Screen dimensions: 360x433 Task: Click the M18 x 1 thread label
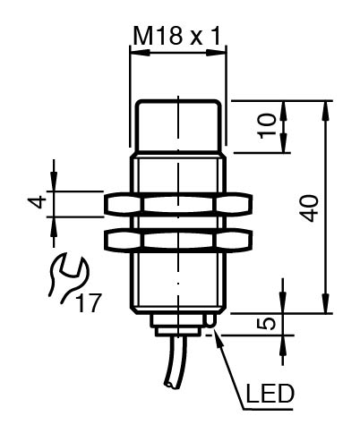(x=177, y=37)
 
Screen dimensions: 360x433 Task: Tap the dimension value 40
(x=310, y=208)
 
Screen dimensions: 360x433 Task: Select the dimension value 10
(x=268, y=125)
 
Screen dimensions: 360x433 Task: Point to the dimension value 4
(x=38, y=201)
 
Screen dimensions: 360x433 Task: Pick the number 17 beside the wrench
(x=89, y=302)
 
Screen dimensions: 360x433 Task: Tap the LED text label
(x=270, y=393)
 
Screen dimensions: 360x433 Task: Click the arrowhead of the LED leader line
(x=218, y=340)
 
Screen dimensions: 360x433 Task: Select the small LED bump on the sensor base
(x=210, y=320)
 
